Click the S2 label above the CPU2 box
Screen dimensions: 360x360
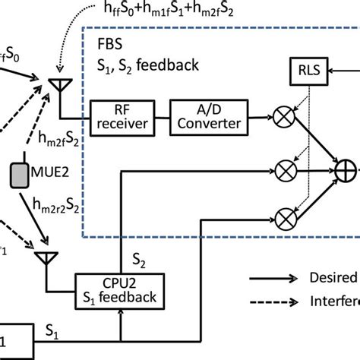pos(140,259)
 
